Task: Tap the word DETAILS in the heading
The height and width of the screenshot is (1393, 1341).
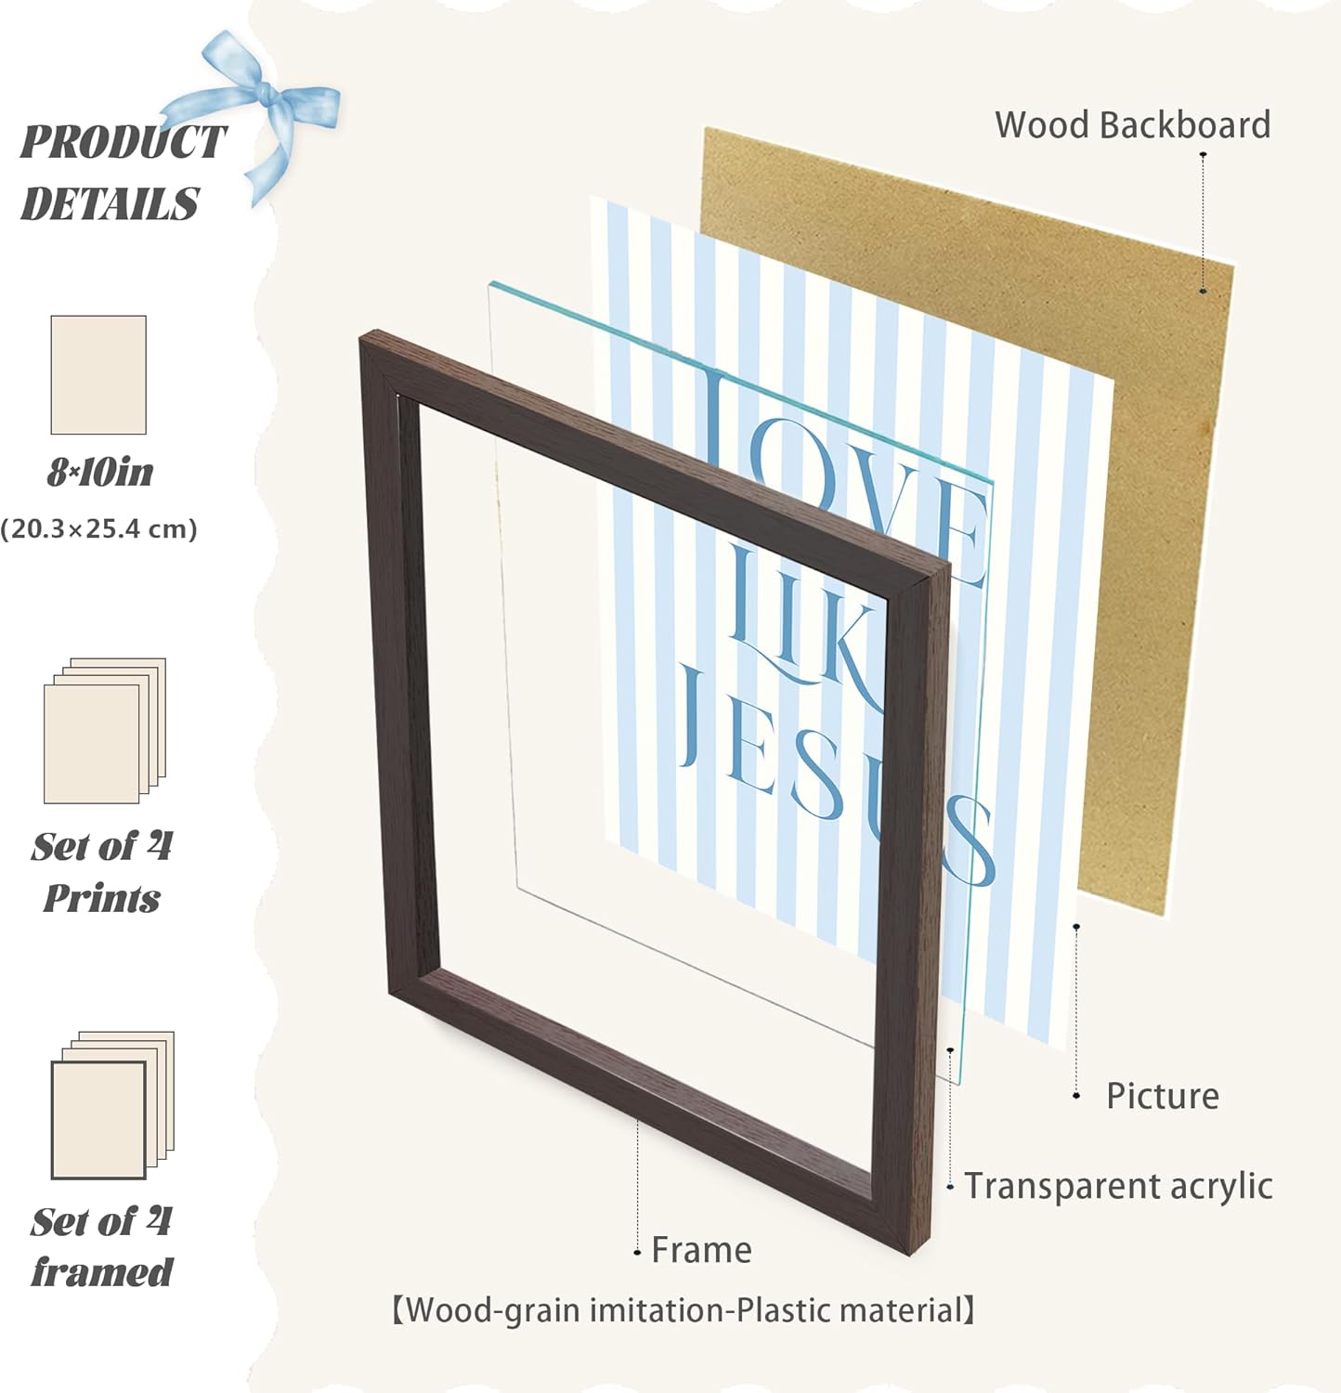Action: [110, 203]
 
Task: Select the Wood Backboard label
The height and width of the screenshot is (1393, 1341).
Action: [1132, 124]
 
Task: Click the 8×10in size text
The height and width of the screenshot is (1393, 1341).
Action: [100, 473]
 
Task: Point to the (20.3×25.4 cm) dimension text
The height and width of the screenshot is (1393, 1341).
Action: [98, 529]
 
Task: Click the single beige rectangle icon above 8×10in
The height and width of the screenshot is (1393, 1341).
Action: [98, 374]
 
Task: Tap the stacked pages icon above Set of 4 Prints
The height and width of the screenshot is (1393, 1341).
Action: [105, 731]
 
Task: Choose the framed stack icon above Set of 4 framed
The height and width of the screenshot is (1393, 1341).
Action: [112, 1105]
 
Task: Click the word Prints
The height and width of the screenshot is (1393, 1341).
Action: [102, 898]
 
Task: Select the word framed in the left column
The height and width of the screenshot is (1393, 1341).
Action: [102, 1272]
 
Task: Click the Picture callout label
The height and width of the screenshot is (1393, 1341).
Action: [1162, 1096]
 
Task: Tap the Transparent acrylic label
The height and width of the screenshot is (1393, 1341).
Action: [1118, 1186]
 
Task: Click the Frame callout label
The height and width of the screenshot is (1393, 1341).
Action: [701, 1250]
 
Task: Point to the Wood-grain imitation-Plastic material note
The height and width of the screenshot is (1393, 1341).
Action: [684, 1310]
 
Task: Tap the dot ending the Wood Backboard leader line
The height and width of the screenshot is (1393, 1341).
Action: [1203, 291]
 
